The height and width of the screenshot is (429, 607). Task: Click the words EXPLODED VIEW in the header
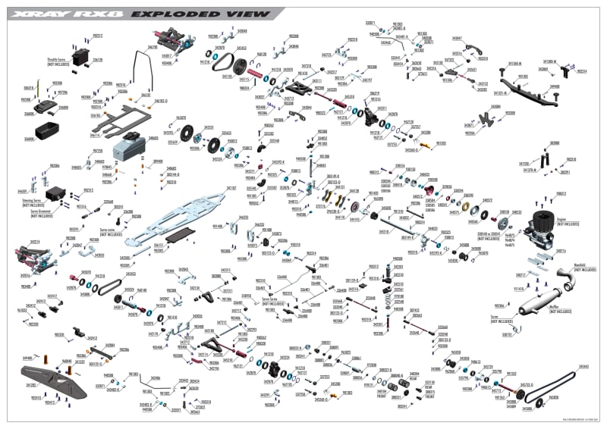point(200,14)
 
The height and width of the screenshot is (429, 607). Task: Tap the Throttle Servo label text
point(58,62)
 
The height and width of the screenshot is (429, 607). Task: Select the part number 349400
point(555,86)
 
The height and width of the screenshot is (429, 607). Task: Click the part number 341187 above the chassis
point(231,187)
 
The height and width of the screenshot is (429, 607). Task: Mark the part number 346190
point(153,47)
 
